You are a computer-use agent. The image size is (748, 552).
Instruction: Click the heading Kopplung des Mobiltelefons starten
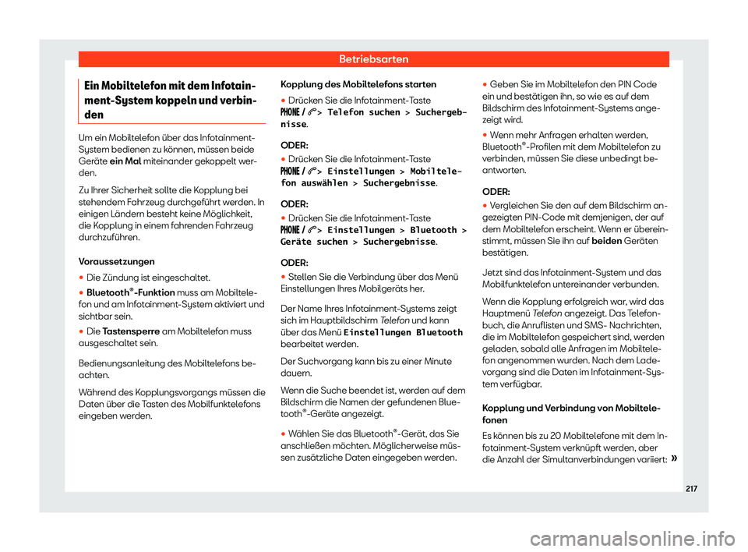tap(351, 83)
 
